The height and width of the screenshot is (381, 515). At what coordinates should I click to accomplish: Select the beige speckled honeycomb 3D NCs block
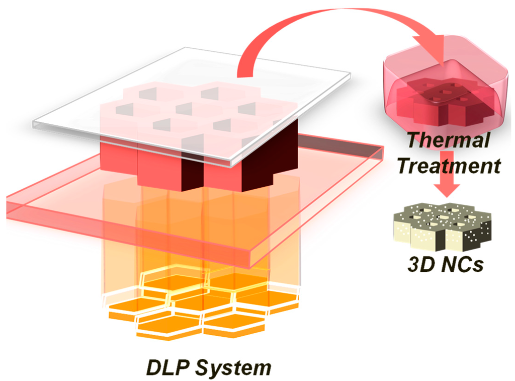point(441,226)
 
